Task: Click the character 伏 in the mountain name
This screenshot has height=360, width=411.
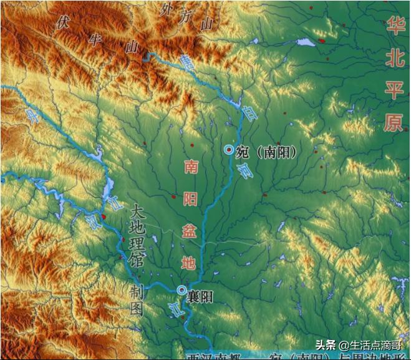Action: click(61, 22)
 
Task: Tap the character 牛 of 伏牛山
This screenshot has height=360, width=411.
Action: click(95, 39)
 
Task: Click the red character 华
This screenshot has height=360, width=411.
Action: click(394, 26)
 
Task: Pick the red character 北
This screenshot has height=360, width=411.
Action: click(394, 58)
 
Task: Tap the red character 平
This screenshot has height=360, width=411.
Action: click(394, 90)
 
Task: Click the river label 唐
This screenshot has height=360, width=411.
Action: click(186, 61)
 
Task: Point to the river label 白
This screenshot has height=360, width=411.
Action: click(248, 112)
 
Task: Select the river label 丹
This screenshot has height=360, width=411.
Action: click(30, 115)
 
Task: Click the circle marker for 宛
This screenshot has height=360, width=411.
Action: click(229, 150)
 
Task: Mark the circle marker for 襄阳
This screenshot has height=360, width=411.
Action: click(181, 290)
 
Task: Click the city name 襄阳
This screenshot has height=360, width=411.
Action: click(200, 297)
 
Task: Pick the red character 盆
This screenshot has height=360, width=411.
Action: click(188, 231)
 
